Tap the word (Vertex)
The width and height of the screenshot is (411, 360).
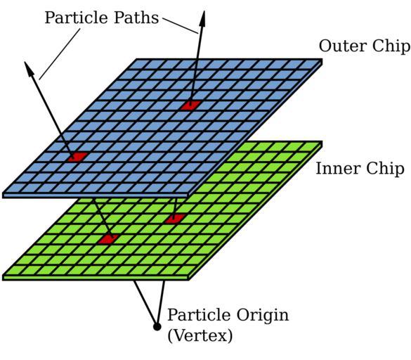coord(200,335)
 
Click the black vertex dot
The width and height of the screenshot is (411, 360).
coord(157,327)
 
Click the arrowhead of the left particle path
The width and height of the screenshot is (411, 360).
coord(30,69)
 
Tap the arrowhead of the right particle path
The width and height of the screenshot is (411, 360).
coord(202,18)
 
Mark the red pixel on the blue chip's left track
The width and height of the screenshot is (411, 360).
coord(77,157)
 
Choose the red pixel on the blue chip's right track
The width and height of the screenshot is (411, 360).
coord(191,105)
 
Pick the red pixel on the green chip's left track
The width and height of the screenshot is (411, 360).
coord(108,239)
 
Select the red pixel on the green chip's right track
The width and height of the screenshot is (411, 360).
coord(175,219)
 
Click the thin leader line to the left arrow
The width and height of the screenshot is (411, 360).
coord(60,54)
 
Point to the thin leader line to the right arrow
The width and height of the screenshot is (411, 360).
coord(181,26)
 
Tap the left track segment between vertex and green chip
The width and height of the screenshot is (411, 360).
coord(145,302)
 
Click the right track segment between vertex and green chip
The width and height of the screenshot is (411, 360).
coord(161,302)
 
